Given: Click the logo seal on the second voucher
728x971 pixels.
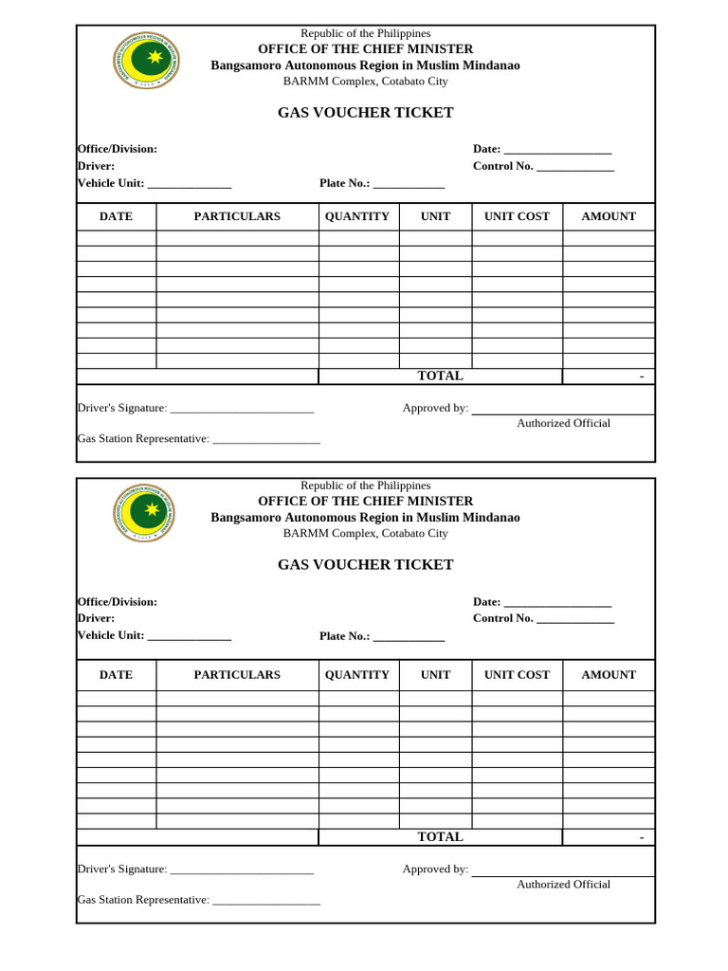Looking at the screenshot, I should pyautogui.click(x=145, y=513).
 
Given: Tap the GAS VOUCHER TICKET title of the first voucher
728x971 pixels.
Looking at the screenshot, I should pyautogui.click(x=365, y=113).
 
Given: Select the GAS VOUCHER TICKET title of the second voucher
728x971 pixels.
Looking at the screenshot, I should pyautogui.click(x=365, y=564).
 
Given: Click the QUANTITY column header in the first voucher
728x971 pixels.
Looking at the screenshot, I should pyautogui.click(x=357, y=216).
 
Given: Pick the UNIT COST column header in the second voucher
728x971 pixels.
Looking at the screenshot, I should pyautogui.click(x=517, y=675).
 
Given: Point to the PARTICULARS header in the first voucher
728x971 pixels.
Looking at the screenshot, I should pyautogui.click(x=237, y=216).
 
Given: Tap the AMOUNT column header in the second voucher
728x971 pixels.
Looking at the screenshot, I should pyautogui.click(x=609, y=675).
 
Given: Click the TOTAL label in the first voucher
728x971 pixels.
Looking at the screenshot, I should pyautogui.click(x=440, y=376).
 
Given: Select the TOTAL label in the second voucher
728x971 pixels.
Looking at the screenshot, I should pyautogui.click(x=440, y=837).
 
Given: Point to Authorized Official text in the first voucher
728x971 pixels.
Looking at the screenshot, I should pyautogui.click(x=563, y=424).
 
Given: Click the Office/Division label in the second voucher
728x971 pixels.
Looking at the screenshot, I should pyautogui.click(x=118, y=601).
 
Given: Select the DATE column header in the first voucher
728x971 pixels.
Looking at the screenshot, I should pyautogui.click(x=116, y=216).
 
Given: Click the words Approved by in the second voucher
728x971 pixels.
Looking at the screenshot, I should pyautogui.click(x=435, y=870).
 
